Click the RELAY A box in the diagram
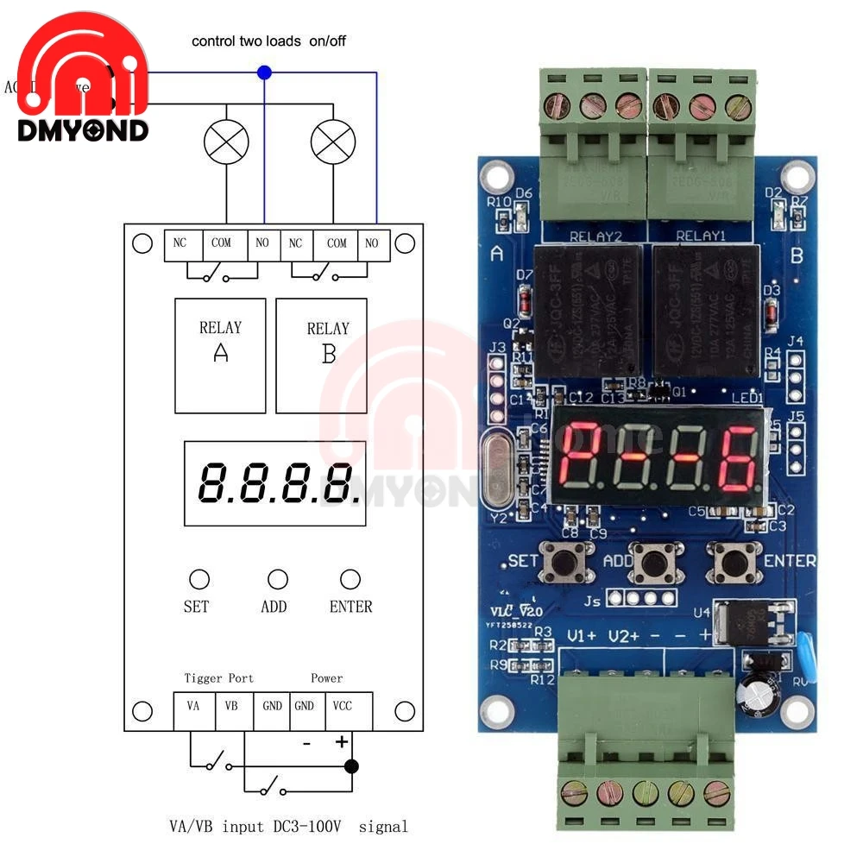[220, 356]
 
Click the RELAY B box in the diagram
[321, 356]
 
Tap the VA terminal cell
[193, 706]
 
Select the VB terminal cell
[231, 706]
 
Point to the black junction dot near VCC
[350, 765]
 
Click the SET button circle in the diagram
[198, 578]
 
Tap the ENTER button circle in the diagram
[350, 578]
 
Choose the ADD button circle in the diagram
[277, 578]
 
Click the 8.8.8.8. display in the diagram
[274, 483]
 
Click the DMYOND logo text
[82, 130]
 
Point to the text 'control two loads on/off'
[268, 41]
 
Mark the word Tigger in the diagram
[203, 678]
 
